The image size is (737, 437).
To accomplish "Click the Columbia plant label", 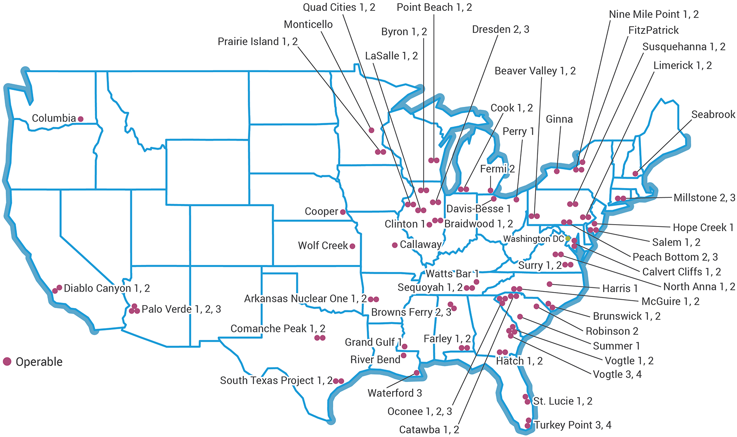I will [53, 118].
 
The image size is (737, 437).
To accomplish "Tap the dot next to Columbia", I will [81, 119].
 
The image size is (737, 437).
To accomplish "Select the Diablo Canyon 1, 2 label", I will [107, 288].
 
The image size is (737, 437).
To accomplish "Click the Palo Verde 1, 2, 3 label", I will [181, 309].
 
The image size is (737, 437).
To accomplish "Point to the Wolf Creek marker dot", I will [352, 246].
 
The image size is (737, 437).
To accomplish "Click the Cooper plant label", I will [321, 211].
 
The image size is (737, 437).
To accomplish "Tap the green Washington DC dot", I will [568, 239].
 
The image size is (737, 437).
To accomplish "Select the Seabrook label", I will [713, 114].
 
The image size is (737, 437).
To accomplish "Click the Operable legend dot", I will [7, 362].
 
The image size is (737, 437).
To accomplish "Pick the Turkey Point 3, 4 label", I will [573, 425].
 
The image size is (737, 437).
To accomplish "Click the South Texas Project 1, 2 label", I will [276, 381].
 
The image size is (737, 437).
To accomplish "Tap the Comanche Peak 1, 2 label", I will [278, 329].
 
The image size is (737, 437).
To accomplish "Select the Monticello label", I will [308, 24].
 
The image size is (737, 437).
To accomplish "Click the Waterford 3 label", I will [395, 393].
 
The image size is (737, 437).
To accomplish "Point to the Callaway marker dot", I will [395, 245].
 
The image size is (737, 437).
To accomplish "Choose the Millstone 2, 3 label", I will [704, 198].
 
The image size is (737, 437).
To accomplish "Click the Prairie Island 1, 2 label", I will [258, 42].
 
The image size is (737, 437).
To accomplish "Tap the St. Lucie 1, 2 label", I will [563, 401].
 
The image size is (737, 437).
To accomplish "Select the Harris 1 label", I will [620, 288].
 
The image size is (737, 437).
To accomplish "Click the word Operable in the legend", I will [39, 362].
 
